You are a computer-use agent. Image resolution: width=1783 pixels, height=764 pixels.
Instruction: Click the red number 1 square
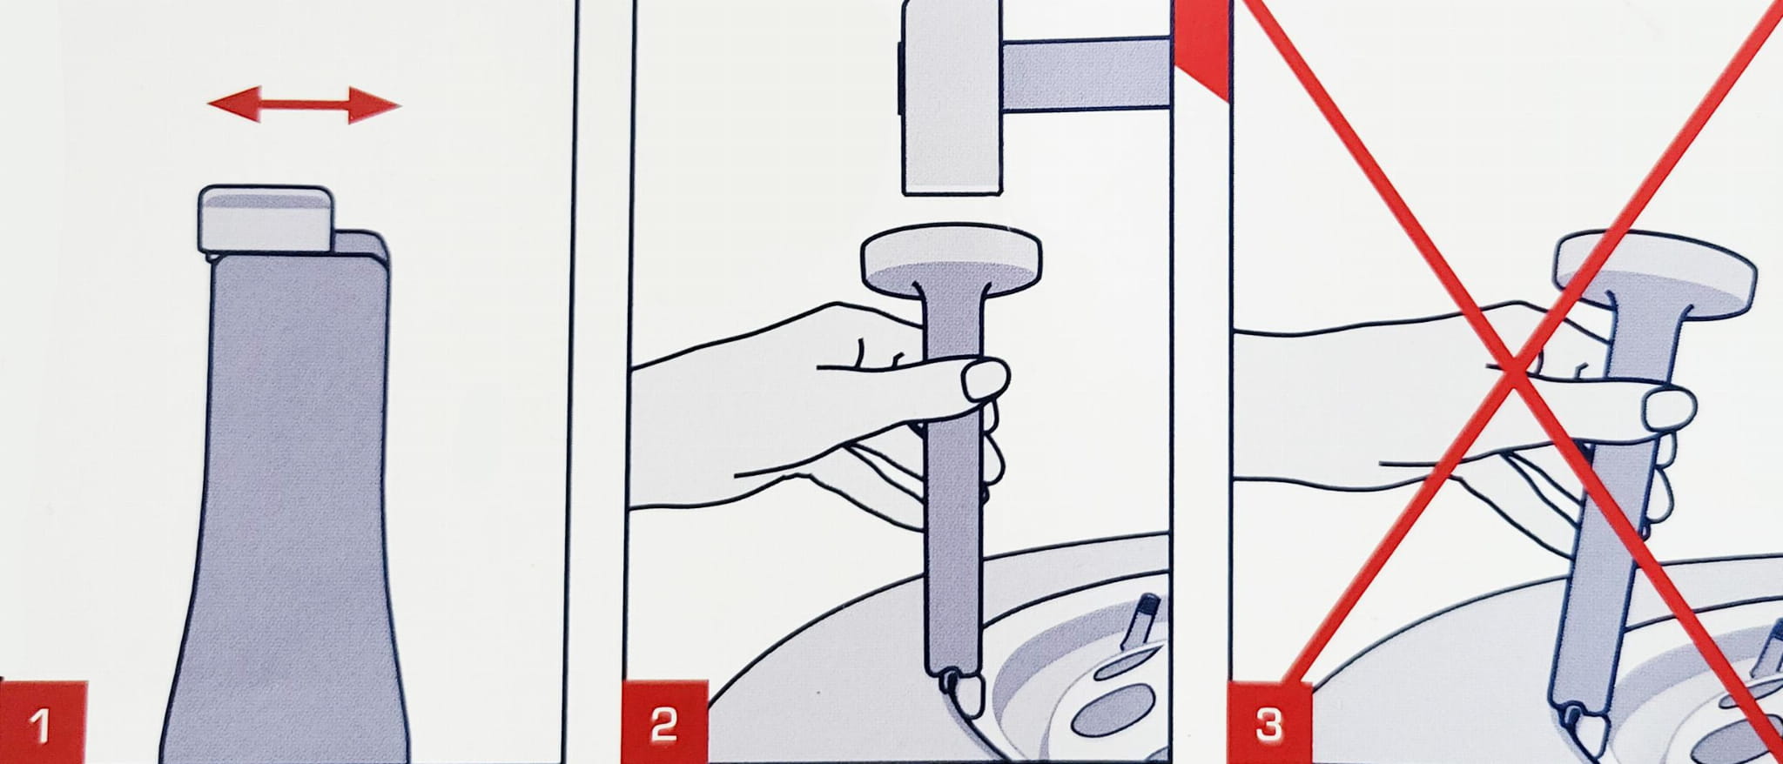44,722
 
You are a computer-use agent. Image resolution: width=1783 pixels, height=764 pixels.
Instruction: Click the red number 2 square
663,722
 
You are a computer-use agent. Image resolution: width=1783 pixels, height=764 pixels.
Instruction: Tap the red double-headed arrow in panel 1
305,106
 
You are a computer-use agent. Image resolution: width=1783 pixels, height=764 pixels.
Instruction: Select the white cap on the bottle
266,219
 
